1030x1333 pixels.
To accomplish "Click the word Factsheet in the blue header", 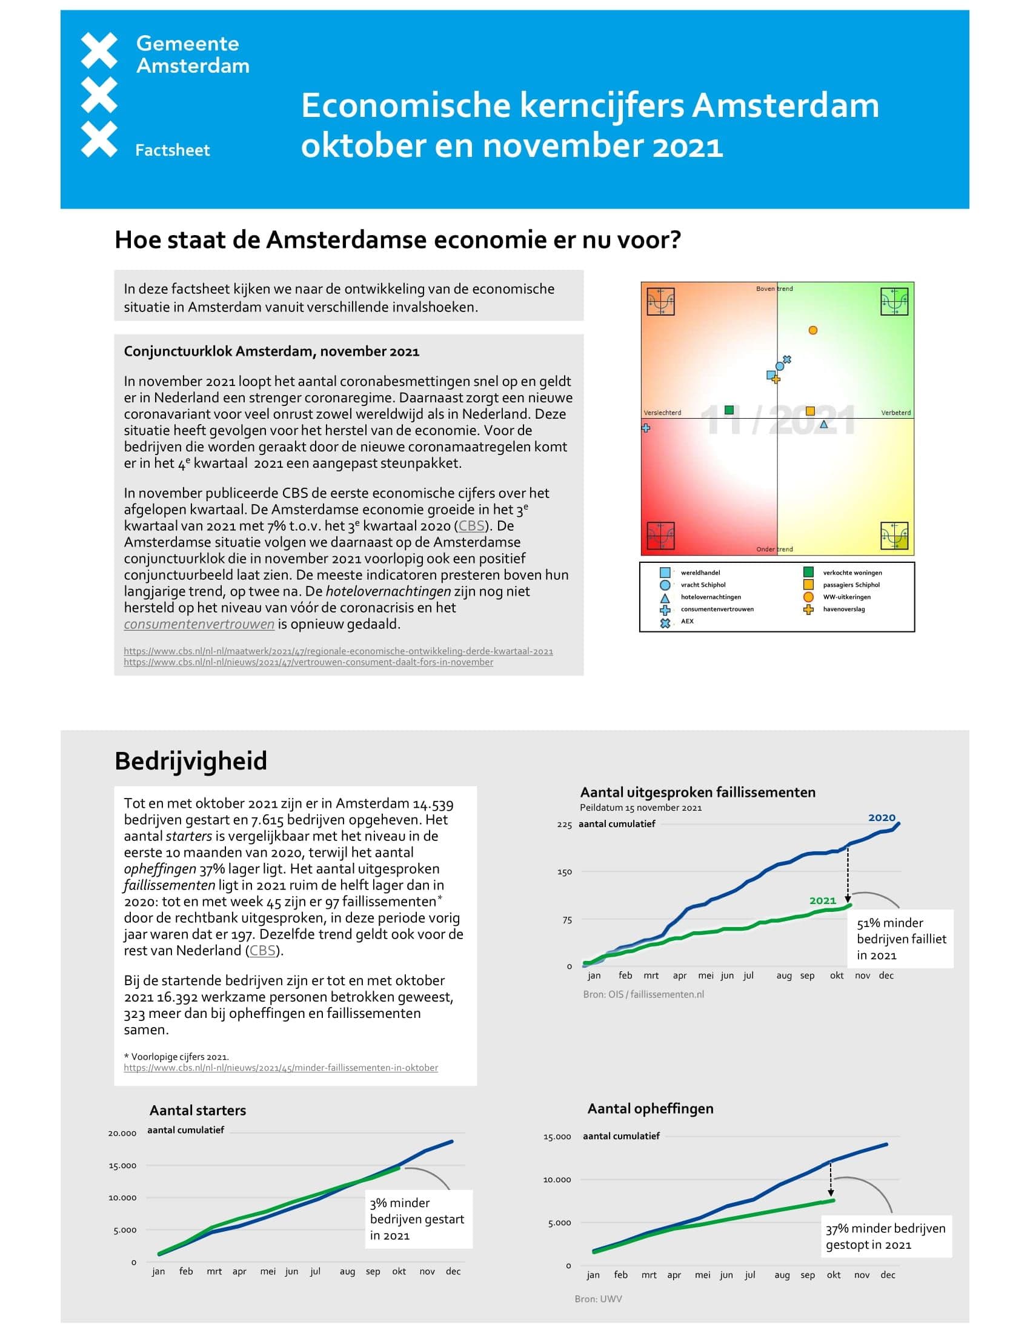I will [172, 150].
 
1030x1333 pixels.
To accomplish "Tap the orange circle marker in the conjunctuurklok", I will [812, 330].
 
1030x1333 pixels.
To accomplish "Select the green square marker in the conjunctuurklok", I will [728, 410].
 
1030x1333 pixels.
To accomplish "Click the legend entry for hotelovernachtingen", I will [710, 597].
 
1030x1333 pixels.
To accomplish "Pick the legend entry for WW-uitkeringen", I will [846, 597].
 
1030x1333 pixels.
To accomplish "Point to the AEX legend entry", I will [687, 621].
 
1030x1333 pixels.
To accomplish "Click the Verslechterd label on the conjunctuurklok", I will [662, 413].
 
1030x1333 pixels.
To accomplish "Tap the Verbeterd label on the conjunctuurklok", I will [895, 413].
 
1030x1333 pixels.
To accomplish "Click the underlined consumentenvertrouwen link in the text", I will [199, 623].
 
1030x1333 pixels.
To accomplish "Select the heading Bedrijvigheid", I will [191, 760].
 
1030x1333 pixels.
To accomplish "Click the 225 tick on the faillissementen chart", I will [564, 825].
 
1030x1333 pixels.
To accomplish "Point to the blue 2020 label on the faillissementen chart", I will [881, 817].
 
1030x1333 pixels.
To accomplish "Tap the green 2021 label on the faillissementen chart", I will [822, 900].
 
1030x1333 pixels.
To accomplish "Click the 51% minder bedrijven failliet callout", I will [902, 939].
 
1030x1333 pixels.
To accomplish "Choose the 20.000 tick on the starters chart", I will [122, 1134].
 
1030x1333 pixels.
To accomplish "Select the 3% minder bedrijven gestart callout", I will [417, 1219].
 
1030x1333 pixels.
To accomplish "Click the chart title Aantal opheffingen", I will [650, 1108].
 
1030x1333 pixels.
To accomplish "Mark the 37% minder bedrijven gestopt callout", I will [885, 1237].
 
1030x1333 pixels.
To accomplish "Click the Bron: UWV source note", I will [598, 1299].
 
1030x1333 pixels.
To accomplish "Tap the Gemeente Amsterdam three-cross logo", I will [99, 95].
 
